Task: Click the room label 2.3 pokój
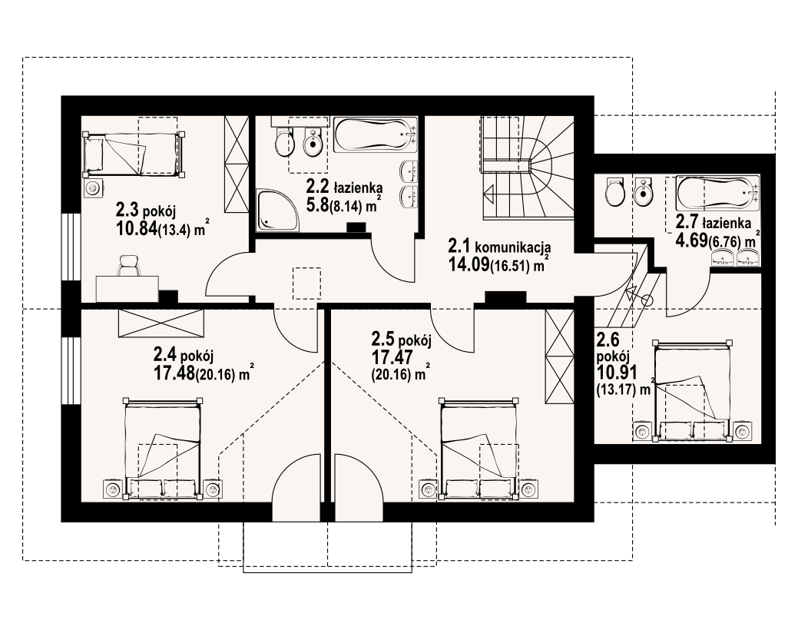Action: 146,210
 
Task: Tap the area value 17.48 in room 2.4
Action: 174,374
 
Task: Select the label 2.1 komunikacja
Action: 498,247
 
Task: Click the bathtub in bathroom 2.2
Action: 376,134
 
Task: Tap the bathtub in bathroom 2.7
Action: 717,193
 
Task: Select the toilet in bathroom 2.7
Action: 614,191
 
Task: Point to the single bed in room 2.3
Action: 134,154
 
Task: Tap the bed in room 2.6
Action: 693,390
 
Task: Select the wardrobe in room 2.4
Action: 161,323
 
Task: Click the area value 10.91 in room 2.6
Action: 617,373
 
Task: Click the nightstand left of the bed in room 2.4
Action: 111,489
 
